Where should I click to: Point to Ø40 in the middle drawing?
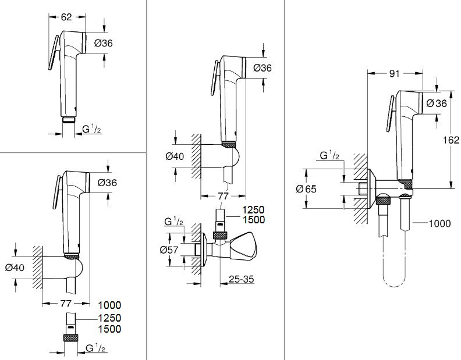click(175, 156)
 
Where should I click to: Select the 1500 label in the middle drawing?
click(253, 219)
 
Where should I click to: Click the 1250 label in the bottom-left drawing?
click(109, 318)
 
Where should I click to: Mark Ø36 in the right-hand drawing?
click(436, 103)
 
